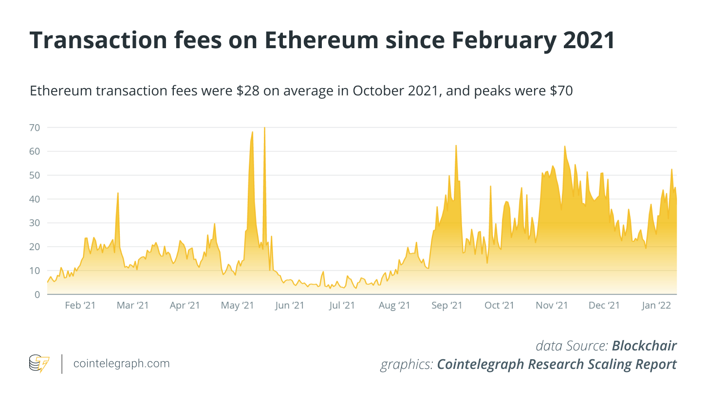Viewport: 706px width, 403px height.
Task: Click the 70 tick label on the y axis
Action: click(35, 128)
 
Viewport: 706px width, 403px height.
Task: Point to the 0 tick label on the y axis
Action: click(37, 294)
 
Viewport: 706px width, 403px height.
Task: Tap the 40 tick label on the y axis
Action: click(35, 199)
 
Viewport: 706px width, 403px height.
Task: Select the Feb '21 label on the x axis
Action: click(80, 306)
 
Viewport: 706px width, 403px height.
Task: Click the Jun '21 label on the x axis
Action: click(290, 306)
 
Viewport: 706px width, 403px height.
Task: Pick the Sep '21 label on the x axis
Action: click(446, 306)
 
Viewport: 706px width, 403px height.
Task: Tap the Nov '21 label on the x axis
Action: click(552, 306)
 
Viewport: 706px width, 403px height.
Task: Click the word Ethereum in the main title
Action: click(320, 41)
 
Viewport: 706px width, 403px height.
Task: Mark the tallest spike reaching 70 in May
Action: click(264, 128)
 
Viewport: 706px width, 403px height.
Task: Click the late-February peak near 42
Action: click(118, 194)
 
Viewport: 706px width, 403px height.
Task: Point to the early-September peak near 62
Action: click(456, 146)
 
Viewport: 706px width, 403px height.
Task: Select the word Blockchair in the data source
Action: click(644, 346)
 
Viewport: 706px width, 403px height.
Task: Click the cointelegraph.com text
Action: click(121, 363)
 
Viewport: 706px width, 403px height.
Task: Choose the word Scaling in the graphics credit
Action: click(601, 364)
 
